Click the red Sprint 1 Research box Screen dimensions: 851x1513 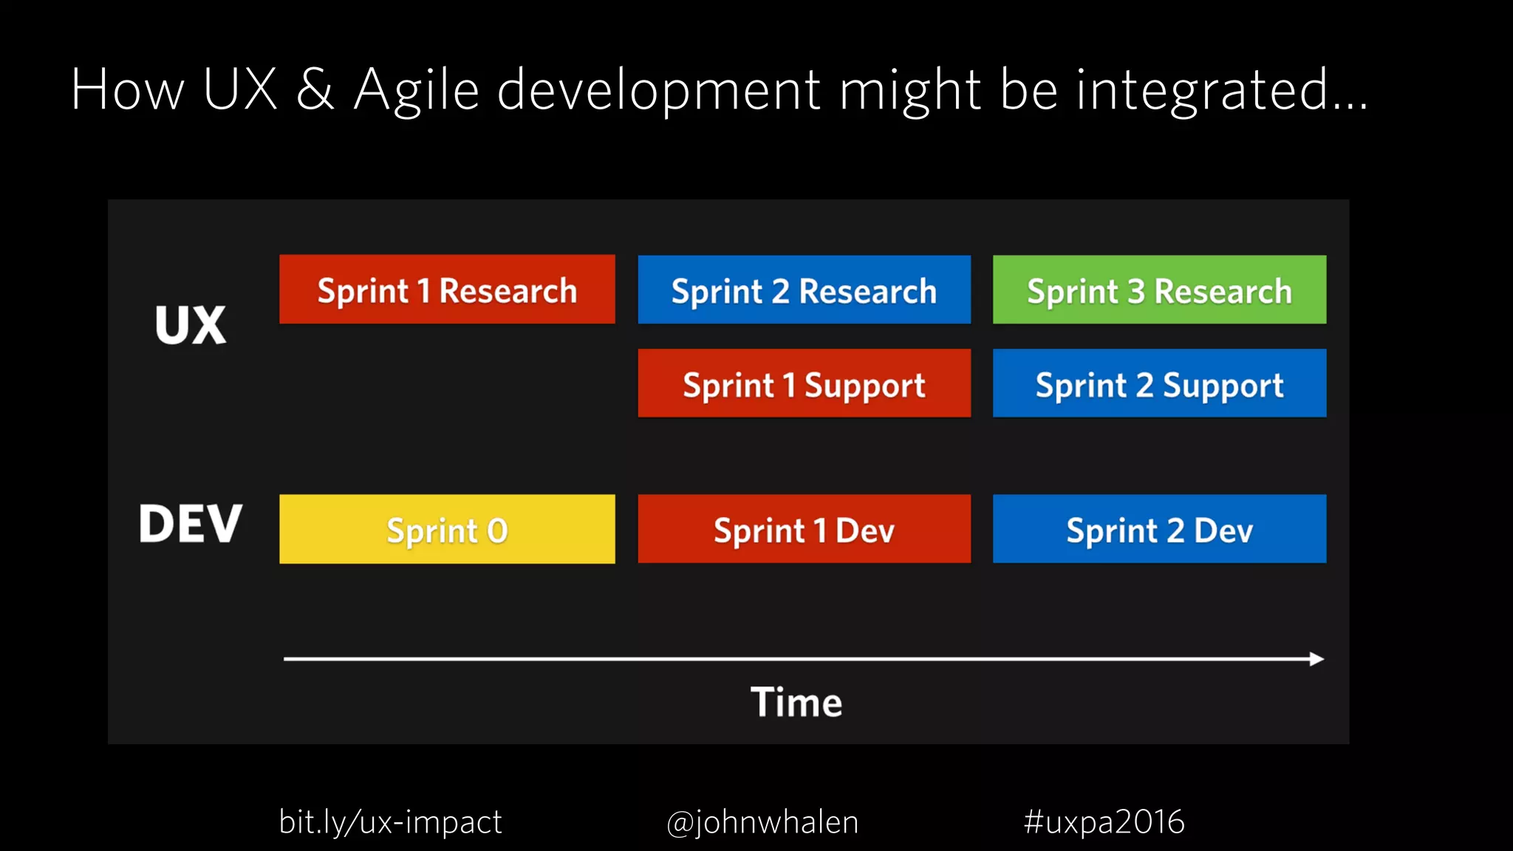(x=447, y=290)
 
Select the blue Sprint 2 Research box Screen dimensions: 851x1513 (x=804, y=290)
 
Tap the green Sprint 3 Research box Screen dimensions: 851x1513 (x=1159, y=290)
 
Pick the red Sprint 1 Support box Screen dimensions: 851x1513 (x=804, y=383)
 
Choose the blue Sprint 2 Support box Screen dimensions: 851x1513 (x=1159, y=383)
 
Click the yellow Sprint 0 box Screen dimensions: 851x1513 (x=447, y=529)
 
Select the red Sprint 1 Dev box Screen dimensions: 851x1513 (x=804, y=529)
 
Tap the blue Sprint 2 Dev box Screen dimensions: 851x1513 (x=1159, y=529)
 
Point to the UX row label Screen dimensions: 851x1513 (x=191, y=325)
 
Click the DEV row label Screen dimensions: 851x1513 (x=191, y=524)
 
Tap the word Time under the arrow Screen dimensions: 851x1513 (x=796, y=702)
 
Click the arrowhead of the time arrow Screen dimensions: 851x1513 (x=1316, y=659)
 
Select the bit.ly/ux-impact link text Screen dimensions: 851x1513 (x=390, y=821)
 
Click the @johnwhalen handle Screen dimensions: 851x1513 (x=762, y=821)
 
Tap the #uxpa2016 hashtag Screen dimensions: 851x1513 (x=1104, y=821)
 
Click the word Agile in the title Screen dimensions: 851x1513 (x=416, y=90)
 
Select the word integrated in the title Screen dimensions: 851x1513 (x=1203, y=90)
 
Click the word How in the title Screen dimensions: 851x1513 (x=127, y=90)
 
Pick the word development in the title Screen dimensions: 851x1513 (x=658, y=90)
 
